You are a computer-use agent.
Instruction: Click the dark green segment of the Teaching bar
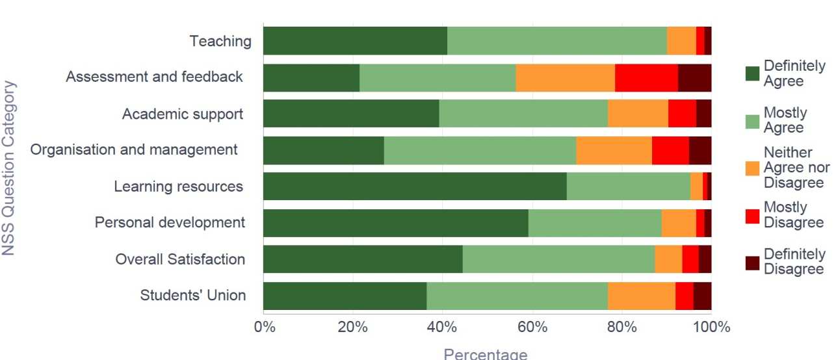coord(355,41)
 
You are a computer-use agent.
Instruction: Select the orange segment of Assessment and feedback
coord(565,78)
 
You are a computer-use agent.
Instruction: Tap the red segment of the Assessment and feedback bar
coord(646,78)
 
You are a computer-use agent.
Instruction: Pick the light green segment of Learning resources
coord(628,186)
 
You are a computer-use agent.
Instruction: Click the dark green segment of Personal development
coord(395,223)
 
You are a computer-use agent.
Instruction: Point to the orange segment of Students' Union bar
coord(641,296)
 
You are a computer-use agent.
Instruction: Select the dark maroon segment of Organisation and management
coord(700,150)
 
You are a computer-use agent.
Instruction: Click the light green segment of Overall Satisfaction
coord(558,259)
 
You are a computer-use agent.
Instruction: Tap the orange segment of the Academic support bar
coord(638,114)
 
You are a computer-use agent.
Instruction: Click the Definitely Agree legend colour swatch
coord(752,73)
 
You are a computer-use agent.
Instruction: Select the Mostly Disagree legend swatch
coord(752,215)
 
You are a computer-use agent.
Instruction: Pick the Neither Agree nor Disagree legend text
coord(796,168)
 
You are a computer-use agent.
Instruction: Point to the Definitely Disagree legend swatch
coord(752,262)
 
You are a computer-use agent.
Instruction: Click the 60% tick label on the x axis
coord(532,327)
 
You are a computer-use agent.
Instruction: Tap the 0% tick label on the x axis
coord(264,327)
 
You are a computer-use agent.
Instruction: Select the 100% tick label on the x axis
coord(711,327)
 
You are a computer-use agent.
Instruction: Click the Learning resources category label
coord(178,186)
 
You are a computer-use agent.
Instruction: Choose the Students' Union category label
coord(192,296)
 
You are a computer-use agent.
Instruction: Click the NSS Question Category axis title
coord(8,167)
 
